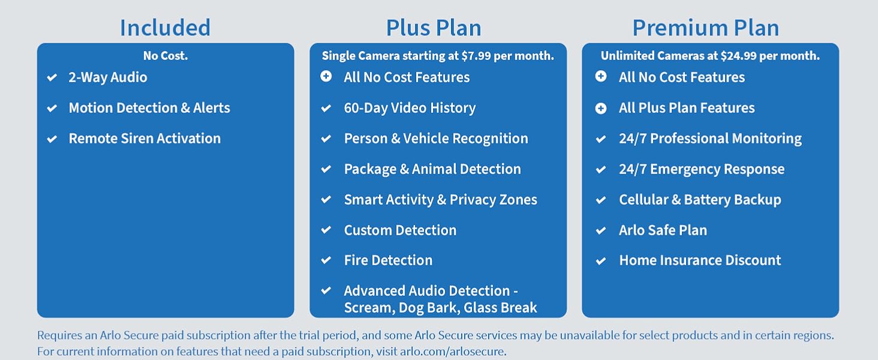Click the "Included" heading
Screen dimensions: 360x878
(x=165, y=28)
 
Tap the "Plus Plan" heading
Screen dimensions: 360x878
(x=434, y=28)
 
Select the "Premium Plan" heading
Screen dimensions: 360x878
(x=706, y=28)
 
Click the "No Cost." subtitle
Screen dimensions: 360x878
(x=166, y=56)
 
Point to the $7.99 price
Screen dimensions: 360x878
(x=477, y=56)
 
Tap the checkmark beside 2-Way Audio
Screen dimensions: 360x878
(x=52, y=77)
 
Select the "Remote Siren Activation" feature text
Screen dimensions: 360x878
(x=145, y=139)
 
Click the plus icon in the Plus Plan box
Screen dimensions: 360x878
(x=326, y=77)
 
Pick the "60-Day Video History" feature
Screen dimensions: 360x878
(x=410, y=108)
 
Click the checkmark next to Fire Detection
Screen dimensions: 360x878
(x=326, y=260)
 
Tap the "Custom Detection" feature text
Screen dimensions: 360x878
(x=400, y=230)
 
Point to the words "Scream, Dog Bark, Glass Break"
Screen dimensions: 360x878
(x=440, y=308)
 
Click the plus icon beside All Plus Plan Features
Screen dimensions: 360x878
(x=601, y=108)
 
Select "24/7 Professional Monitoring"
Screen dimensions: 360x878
(x=710, y=139)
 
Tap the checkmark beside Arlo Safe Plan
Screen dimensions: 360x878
(x=601, y=230)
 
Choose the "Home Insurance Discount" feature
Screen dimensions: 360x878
(x=700, y=260)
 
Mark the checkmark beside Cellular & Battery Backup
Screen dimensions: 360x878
(x=601, y=200)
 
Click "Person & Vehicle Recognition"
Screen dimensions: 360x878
(x=436, y=139)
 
